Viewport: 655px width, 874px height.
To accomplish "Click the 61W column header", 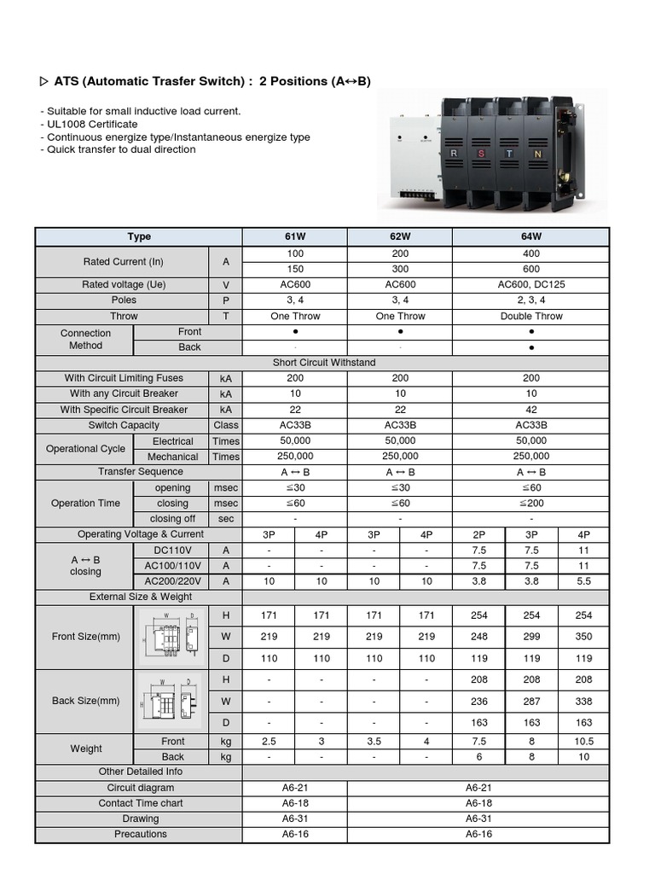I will pyautogui.click(x=294, y=236).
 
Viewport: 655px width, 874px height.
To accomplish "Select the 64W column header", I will pyautogui.click(x=531, y=236).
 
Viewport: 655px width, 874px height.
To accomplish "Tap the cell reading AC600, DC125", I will pyautogui.click(x=531, y=285).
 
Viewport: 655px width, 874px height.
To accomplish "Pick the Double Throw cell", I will pyautogui.click(x=531, y=316).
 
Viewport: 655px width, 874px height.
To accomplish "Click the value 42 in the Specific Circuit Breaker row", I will pyautogui.click(x=531, y=410).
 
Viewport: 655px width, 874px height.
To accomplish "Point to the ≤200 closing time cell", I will pyautogui.click(x=531, y=504).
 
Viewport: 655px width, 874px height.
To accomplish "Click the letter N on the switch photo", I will pyautogui.click(x=536, y=154).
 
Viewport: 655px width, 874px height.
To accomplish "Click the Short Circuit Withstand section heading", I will pyautogui.click(x=323, y=363).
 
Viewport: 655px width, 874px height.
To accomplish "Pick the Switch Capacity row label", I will pyautogui.click(x=124, y=425).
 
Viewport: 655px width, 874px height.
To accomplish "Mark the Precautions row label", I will pyautogui.click(x=141, y=834).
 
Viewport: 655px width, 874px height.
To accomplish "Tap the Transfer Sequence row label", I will pyautogui.click(x=141, y=471).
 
